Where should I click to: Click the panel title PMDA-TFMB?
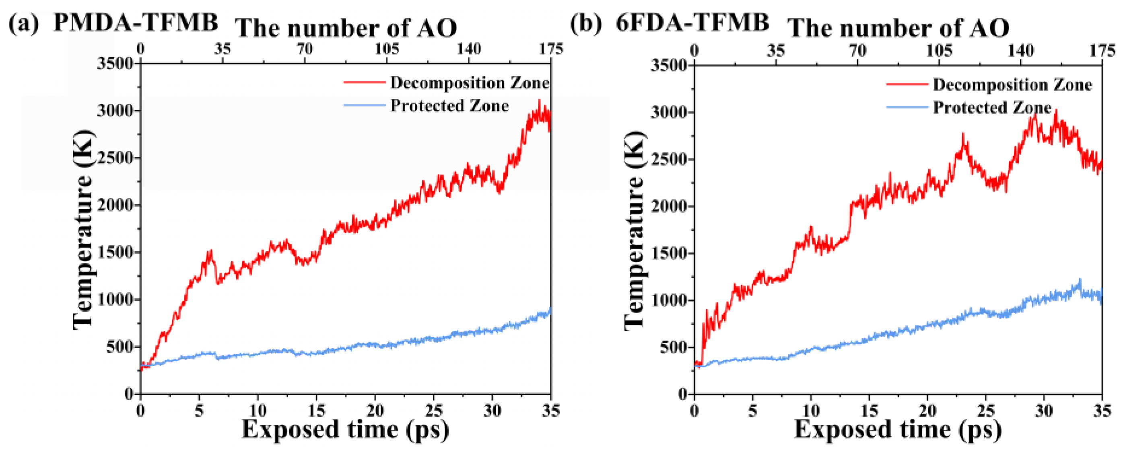click(135, 23)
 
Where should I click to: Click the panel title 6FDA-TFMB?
click(692, 23)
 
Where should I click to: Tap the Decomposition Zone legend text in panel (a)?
click(470, 83)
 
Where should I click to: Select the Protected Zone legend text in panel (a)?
click(449, 106)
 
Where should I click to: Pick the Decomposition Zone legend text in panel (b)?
click(1012, 84)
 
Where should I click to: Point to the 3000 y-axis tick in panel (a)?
click(115, 111)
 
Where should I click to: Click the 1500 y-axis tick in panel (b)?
click(669, 253)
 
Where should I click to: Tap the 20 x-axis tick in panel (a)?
click(375, 410)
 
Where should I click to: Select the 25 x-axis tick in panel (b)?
click(986, 410)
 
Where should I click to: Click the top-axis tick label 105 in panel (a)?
click(387, 49)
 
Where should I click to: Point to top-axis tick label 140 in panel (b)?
click(1020, 51)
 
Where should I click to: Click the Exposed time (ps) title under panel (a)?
click(345, 429)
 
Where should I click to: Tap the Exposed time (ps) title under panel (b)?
click(898, 429)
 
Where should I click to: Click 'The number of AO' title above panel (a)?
click(346, 28)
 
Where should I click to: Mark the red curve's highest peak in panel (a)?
click(539, 101)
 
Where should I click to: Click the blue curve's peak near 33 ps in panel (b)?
click(1080, 280)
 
